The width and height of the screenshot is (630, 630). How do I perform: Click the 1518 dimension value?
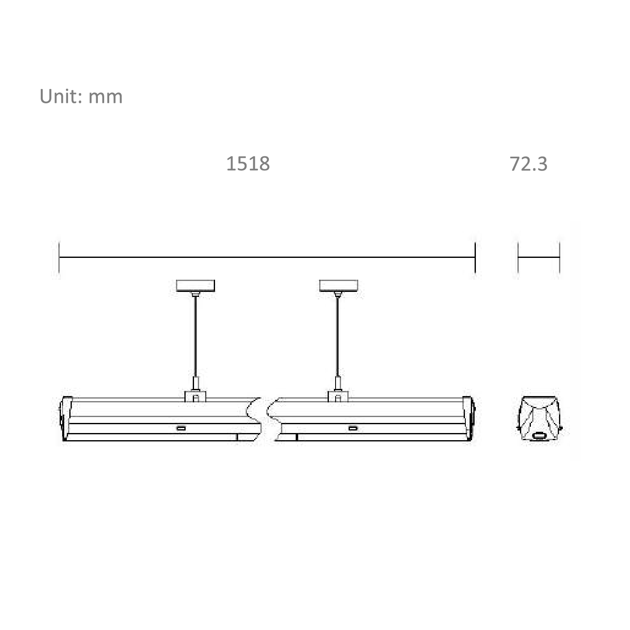[x=248, y=163]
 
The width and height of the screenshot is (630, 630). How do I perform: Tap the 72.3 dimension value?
[x=528, y=163]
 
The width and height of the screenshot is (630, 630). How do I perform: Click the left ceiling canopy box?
[x=195, y=286]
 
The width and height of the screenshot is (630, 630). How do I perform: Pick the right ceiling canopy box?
[x=339, y=286]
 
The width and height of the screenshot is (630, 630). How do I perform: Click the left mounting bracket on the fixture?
[x=196, y=396]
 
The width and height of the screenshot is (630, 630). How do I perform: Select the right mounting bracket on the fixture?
[x=339, y=396]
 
